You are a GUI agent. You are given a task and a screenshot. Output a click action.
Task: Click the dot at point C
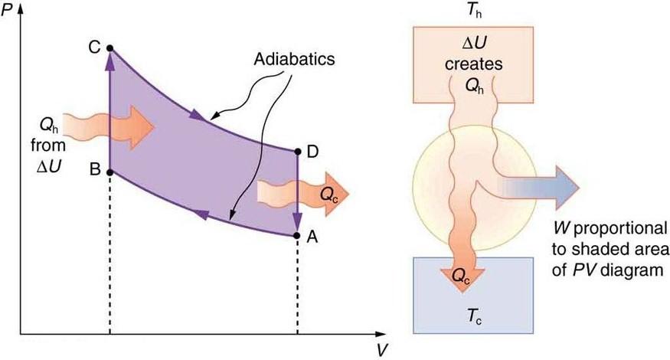click(x=110, y=47)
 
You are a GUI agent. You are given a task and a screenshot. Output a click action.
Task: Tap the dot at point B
click(x=110, y=172)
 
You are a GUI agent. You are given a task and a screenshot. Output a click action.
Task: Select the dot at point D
click(x=297, y=151)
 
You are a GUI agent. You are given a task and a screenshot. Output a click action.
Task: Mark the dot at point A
click(x=297, y=235)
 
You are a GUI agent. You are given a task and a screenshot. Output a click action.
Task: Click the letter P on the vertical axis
click(x=7, y=11)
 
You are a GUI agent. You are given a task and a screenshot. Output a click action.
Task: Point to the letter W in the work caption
click(x=557, y=228)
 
